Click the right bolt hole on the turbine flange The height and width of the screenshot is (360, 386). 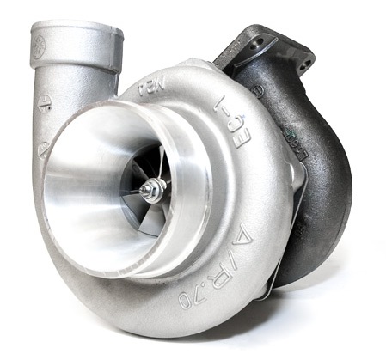[304, 64]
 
